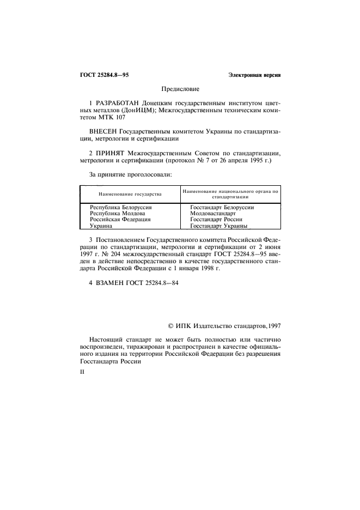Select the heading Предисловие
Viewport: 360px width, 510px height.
pos(180,88)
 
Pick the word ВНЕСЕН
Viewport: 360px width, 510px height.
pos(102,131)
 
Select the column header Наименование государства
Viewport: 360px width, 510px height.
pos(130,195)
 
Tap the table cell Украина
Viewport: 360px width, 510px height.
pos(101,226)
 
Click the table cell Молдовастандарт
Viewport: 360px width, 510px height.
pos(213,214)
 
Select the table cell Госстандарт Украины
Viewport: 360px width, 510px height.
pos(218,226)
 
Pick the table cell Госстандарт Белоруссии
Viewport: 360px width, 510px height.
pos(222,208)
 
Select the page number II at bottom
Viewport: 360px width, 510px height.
pos(82,375)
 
